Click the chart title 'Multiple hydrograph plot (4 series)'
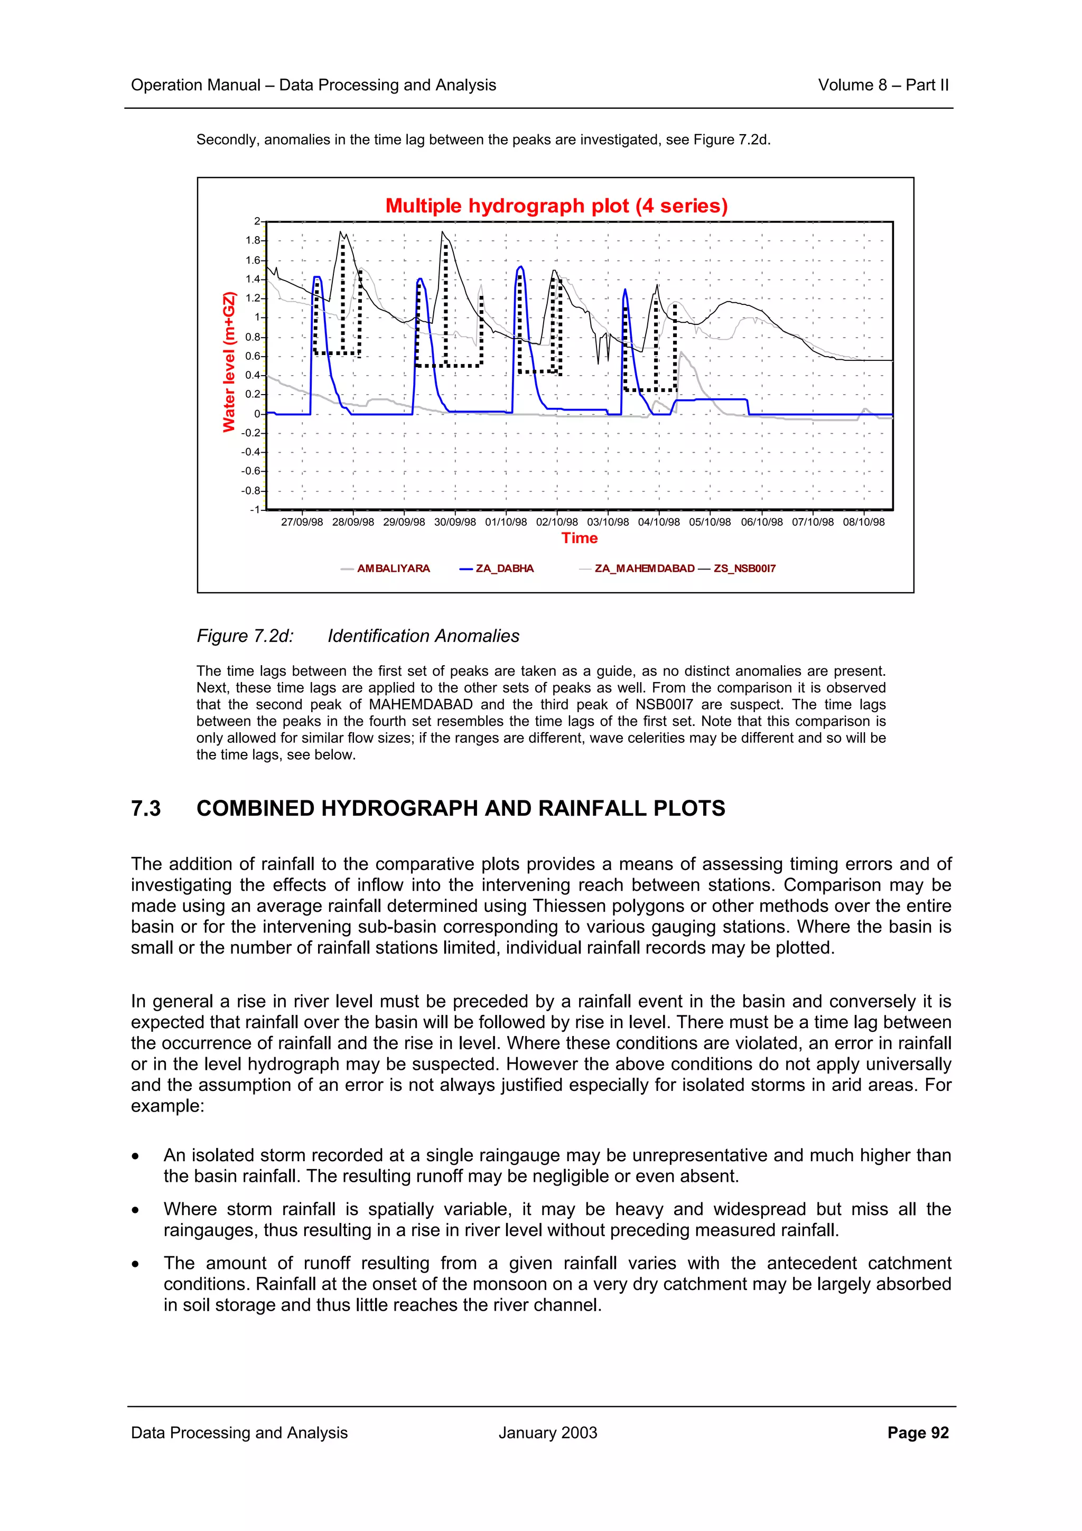point(556,206)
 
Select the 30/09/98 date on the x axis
point(455,522)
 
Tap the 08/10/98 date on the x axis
point(863,522)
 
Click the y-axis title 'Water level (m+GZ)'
point(229,362)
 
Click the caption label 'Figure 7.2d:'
point(245,636)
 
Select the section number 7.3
point(145,808)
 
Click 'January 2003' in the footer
point(547,1432)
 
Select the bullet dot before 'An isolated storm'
point(135,1156)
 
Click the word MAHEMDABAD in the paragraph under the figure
point(420,704)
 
